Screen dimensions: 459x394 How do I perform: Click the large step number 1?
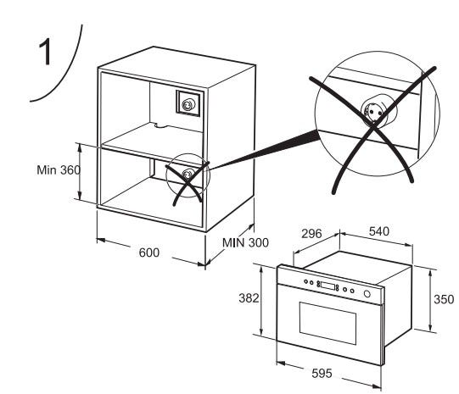pos(46,53)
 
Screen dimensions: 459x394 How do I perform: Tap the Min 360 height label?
pos(59,169)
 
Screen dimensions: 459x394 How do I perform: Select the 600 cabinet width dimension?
pos(149,252)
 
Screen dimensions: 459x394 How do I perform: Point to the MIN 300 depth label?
pos(245,242)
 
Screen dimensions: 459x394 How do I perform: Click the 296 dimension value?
pos(311,234)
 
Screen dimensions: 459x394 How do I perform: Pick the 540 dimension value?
pos(379,231)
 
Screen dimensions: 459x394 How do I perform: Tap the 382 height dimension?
pos(249,298)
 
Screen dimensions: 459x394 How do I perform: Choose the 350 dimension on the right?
pos(444,299)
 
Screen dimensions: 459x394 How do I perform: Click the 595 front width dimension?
pos(322,374)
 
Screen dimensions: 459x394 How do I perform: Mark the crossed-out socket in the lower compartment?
pos(187,175)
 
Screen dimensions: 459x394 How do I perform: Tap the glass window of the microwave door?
pos(327,323)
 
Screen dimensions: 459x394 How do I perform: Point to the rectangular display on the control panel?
pos(327,286)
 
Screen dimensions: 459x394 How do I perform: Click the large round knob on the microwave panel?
pos(367,294)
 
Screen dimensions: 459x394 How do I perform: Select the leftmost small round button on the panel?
pos(306,282)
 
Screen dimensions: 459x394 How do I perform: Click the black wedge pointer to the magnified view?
pos(264,152)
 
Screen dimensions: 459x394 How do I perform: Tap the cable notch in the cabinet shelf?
pos(160,125)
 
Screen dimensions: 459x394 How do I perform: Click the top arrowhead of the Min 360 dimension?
pos(80,147)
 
